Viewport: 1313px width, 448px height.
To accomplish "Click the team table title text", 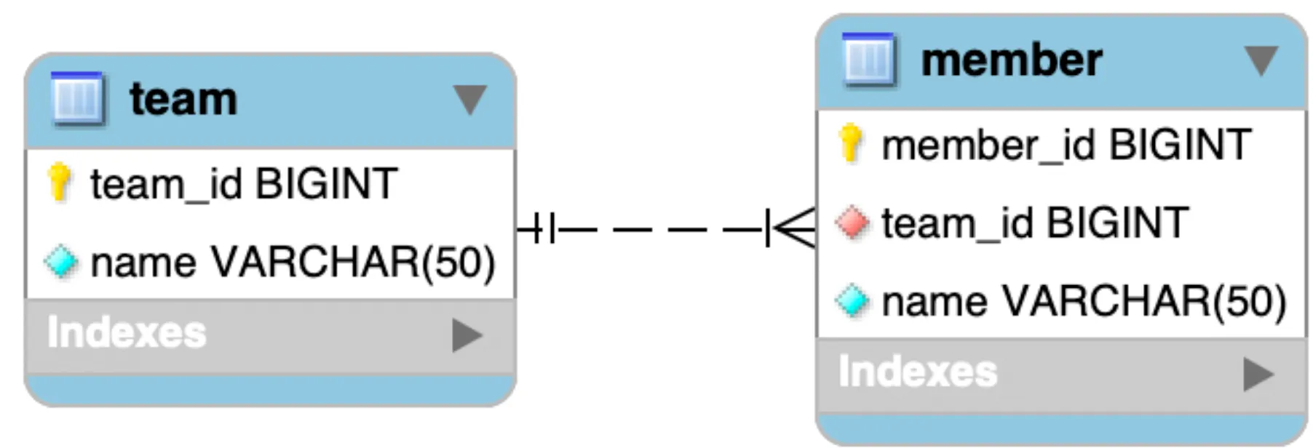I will (183, 99).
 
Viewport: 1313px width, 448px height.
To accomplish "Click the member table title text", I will (1012, 60).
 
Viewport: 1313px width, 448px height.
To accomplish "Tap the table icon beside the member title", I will (868, 59).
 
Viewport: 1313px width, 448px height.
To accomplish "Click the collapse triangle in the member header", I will (1261, 60).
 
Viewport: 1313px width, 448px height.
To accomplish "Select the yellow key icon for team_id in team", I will (60, 182).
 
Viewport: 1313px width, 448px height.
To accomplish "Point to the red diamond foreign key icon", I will (852, 223).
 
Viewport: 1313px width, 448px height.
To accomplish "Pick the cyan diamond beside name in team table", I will (61, 262).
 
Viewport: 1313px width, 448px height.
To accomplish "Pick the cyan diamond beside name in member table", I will (852, 301).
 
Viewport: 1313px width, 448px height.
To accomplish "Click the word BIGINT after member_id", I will (1180, 145).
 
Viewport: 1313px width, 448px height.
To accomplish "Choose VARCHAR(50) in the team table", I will (353, 262).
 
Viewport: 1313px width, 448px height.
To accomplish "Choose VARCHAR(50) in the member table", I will (1144, 301).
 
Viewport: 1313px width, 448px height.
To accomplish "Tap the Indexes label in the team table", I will (127, 333).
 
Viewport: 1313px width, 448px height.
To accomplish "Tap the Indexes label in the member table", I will (918, 372).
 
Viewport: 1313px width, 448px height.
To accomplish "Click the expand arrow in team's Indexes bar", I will (467, 335).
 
